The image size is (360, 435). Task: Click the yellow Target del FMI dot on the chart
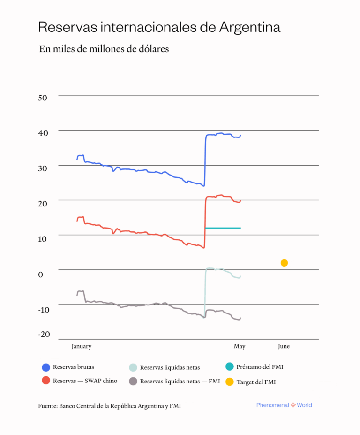284,263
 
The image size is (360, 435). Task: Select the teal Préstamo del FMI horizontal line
223,228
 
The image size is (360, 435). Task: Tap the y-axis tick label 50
43,98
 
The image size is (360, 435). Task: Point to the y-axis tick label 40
43,133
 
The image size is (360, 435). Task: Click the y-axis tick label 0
41,274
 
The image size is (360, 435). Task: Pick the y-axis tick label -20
44,334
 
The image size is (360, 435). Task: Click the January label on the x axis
81,346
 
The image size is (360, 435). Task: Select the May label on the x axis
239,346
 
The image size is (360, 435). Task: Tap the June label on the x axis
284,346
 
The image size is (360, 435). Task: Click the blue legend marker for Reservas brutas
46,367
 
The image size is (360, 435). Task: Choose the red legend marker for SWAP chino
46,381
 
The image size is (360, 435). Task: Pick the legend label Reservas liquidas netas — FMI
180,382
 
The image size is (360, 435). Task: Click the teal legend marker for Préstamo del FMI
229,367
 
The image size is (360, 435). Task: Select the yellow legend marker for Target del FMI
229,382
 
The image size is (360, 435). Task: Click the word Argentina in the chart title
250,27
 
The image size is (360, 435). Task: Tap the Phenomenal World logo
284,405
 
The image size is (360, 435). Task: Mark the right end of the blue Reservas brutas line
240,136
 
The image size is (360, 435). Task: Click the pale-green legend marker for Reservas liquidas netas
133,367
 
